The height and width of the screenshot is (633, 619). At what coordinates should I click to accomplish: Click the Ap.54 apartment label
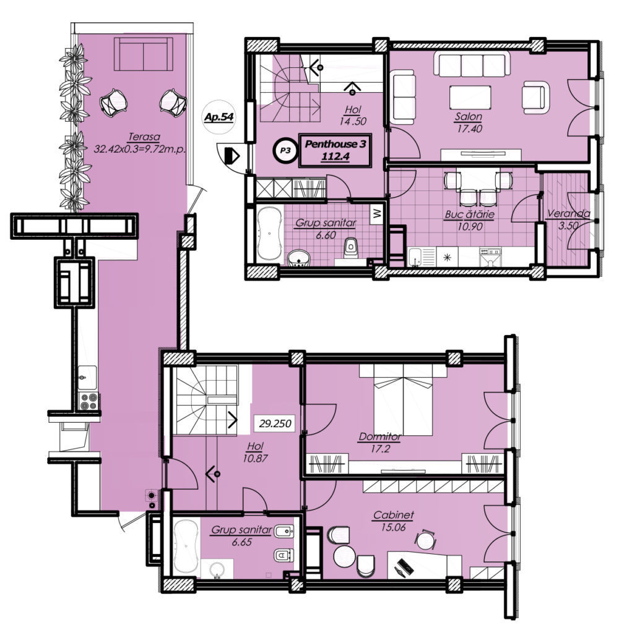[x=219, y=117]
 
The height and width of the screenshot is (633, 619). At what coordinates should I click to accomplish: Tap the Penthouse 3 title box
[x=335, y=150]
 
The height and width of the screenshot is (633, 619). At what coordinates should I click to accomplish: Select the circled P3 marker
[x=285, y=151]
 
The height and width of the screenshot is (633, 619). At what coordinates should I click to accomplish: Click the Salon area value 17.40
[x=469, y=129]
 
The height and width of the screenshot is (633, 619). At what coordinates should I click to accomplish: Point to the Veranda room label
[x=568, y=213]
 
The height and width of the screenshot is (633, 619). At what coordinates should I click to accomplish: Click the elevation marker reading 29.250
[x=275, y=424]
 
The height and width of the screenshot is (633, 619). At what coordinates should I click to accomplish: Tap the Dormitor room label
[x=379, y=437]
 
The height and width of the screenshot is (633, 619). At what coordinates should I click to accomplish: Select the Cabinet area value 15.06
[x=393, y=527]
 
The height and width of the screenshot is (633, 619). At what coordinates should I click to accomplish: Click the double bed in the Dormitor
[x=403, y=399]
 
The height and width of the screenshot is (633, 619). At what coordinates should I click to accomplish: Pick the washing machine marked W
[x=377, y=213]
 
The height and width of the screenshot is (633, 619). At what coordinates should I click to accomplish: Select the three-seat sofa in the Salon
[x=472, y=64]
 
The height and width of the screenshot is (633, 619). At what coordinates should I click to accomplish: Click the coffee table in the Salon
[x=470, y=97]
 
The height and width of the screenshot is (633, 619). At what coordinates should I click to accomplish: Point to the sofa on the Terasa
[x=144, y=54]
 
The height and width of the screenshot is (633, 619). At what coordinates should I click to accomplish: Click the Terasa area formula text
[x=139, y=149]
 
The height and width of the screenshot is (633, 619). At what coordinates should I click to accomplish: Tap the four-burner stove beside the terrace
[x=89, y=401]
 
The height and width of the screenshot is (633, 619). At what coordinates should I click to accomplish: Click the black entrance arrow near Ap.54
[x=232, y=155]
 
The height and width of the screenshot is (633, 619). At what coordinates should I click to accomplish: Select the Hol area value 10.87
[x=255, y=459]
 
